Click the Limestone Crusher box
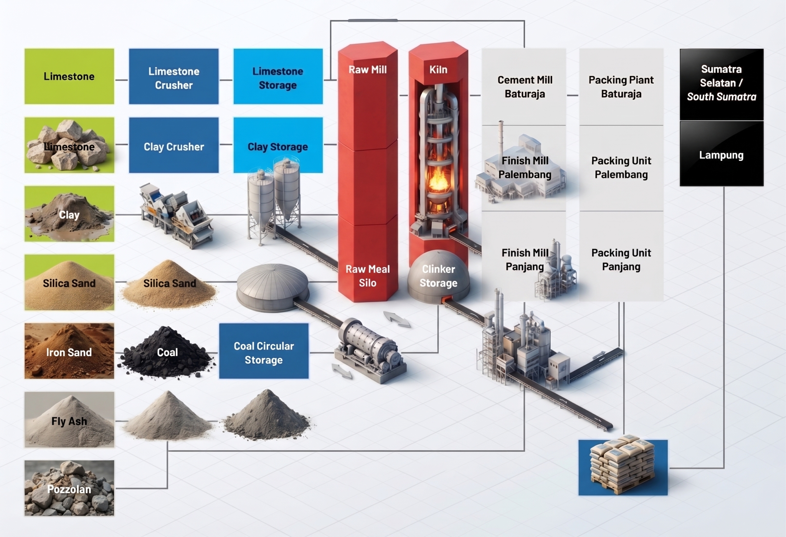click(174, 76)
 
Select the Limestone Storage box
click(278, 76)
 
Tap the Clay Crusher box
click(174, 145)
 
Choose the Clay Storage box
click(278, 145)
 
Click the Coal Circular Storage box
click(264, 351)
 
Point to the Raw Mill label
click(368, 69)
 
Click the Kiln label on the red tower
click(438, 69)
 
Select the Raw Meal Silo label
click(368, 276)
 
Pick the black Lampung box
click(722, 154)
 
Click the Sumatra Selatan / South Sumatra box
click(722, 84)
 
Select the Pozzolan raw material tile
click(69, 488)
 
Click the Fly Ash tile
click(69, 420)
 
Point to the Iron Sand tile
click(69, 351)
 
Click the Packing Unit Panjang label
click(621, 259)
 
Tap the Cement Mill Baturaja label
click(525, 87)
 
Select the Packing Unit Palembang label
click(621, 167)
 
